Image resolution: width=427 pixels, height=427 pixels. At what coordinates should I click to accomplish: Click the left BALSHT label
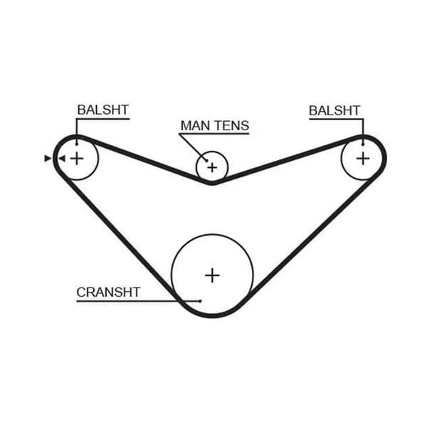click(x=102, y=110)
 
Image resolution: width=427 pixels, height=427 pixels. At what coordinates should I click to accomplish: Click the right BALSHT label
click(x=334, y=110)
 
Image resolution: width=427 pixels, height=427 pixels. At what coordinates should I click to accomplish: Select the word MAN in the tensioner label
click(x=193, y=125)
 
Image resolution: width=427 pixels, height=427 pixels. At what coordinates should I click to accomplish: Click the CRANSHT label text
click(x=108, y=292)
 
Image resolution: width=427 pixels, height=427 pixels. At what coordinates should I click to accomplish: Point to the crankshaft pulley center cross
click(x=212, y=275)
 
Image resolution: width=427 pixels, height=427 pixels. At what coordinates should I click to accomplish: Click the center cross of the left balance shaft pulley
click(x=77, y=159)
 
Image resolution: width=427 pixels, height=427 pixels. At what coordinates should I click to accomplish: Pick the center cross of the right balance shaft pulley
click(x=363, y=159)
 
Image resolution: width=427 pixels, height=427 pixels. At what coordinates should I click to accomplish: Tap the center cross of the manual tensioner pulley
click(x=212, y=167)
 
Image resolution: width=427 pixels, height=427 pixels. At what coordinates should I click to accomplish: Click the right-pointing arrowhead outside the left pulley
click(x=48, y=159)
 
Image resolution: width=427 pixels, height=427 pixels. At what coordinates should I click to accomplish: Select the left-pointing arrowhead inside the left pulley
click(x=62, y=159)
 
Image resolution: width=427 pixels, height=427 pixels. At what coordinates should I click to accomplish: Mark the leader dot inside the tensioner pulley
click(x=206, y=161)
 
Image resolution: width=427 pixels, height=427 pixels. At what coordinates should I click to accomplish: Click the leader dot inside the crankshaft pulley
click(x=200, y=301)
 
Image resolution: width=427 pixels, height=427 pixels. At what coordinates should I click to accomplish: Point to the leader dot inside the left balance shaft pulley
click(x=77, y=144)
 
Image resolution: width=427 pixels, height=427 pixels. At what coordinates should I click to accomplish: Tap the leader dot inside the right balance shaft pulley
click(x=363, y=144)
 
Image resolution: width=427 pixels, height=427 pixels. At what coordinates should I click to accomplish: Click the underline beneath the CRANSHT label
click(x=138, y=301)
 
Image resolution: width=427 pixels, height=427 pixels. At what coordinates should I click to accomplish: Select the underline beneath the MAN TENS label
click(x=214, y=134)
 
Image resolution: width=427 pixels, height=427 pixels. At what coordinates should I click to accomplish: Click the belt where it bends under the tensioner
click(x=212, y=183)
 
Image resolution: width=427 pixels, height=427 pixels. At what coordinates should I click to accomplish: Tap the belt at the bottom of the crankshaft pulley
click(x=212, y=316)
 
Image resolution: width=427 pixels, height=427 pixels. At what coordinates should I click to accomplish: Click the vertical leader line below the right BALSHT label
click(x=363, y=132)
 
